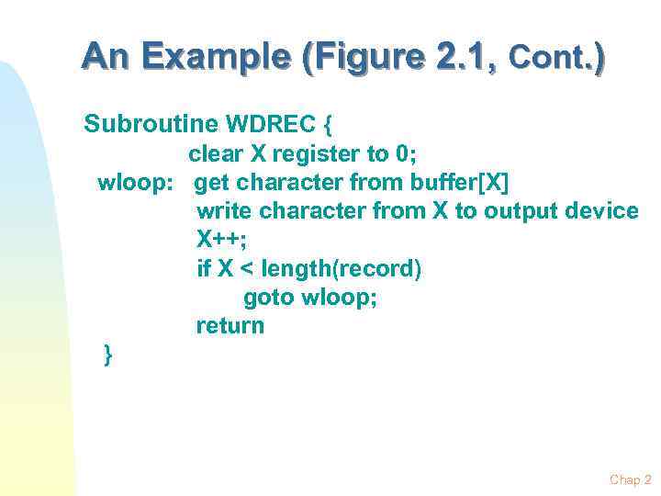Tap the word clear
tap(217, 153)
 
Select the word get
tap(213, 182)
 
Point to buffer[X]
tap(460, 182)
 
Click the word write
tap(224, 211)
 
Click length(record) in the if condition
tap(342, 269)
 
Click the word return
tap(230, 326)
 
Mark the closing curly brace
tap(108, 355)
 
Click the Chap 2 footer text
tap(630, 479)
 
